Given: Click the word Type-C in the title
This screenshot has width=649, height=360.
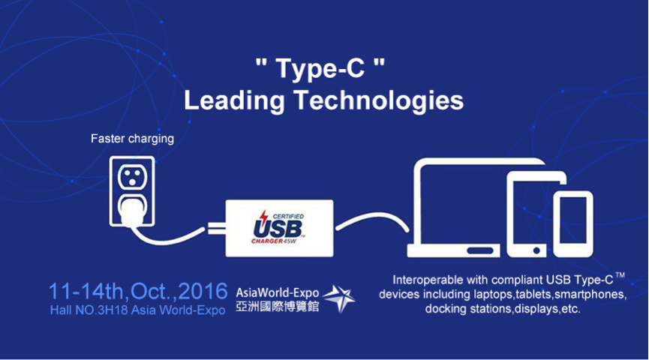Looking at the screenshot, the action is pos(320,68).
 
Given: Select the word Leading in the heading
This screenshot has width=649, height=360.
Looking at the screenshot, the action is pos(235,101).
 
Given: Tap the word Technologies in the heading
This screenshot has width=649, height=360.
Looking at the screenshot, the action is pos(379,101).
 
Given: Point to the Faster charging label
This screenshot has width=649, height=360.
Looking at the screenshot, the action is pos(133,139).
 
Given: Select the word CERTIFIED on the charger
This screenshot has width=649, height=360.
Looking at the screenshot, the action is pos(288,217).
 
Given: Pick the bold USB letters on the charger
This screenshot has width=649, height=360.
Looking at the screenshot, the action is pos(278,229).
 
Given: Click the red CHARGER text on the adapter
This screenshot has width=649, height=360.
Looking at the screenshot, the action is pos(267,241).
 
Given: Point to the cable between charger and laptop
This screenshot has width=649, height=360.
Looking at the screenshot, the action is pos(372,218).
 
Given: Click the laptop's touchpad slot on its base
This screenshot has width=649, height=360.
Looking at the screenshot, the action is pos(480,250).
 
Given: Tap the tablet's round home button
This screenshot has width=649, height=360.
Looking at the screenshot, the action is pos(536,250).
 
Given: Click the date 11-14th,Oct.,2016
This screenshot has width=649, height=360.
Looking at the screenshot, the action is pos(138,291).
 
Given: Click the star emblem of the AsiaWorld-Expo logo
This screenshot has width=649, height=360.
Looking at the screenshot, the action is pos(339,298).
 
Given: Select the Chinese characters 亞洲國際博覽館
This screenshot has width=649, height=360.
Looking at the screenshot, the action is pos(278,307).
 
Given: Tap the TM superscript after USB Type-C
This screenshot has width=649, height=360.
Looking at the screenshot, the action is pos(620,274).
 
